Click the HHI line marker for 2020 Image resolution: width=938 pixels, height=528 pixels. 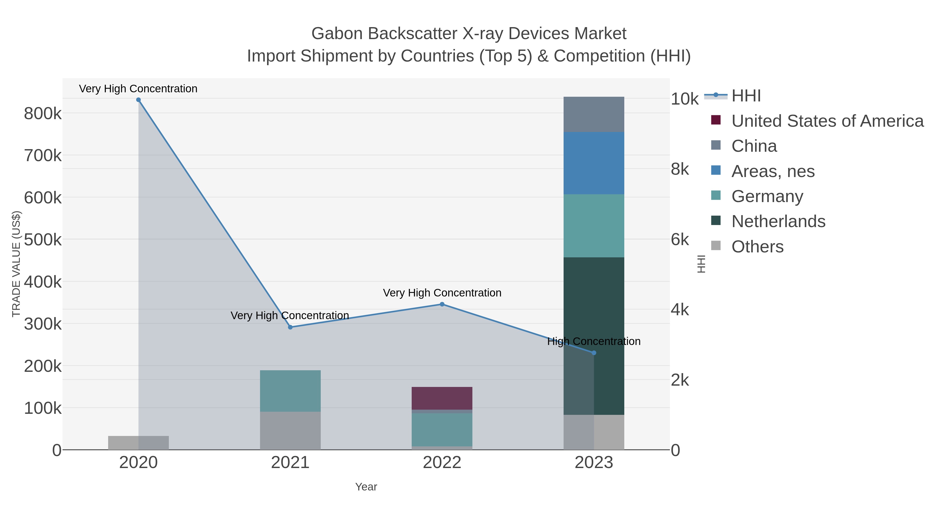point(138,100)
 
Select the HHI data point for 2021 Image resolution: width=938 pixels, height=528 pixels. point(290,327)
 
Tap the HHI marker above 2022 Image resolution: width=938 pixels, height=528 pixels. point(442,304)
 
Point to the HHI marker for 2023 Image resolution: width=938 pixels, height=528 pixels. point(594,353)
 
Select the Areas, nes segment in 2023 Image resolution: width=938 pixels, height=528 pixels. point(594,163)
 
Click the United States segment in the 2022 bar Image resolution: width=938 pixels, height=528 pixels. point(442,398)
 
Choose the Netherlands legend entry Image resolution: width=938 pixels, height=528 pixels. point(778,222)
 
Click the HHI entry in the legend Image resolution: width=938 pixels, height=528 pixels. point(746,96)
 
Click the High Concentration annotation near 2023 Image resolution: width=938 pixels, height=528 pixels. point(594,341)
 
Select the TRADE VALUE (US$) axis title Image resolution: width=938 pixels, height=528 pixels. point(16,264)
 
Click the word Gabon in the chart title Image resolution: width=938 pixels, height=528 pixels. point(337,34)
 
